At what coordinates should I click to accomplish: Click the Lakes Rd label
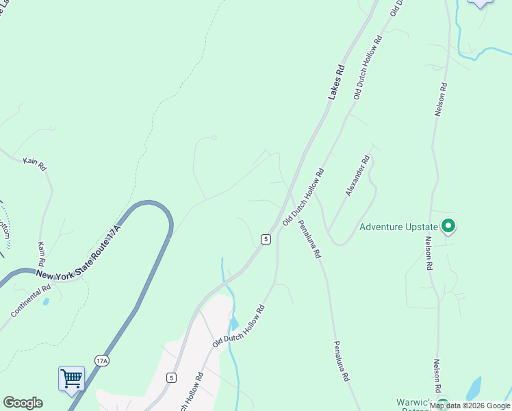(x=335, y=83)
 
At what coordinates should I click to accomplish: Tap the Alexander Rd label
(x=357, y=175)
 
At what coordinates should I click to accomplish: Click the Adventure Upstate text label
(x=398, y=227)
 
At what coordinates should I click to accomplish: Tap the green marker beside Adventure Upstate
(x=448, y=225)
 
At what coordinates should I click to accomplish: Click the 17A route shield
(x=102, y=360)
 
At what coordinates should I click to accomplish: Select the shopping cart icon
(x=71, y=378)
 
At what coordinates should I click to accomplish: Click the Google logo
(x=23, y=403)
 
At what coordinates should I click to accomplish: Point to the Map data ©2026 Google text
(x=470, y=406)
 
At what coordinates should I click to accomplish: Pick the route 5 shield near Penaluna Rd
(x=266, y=238)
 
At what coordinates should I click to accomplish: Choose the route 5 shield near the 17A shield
(x=170, y=377)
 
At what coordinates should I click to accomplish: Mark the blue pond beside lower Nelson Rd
(x=473, y=388)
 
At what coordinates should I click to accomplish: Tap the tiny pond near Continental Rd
(x=46, y=301)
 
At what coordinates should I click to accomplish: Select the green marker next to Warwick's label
(x=443, y=405)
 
